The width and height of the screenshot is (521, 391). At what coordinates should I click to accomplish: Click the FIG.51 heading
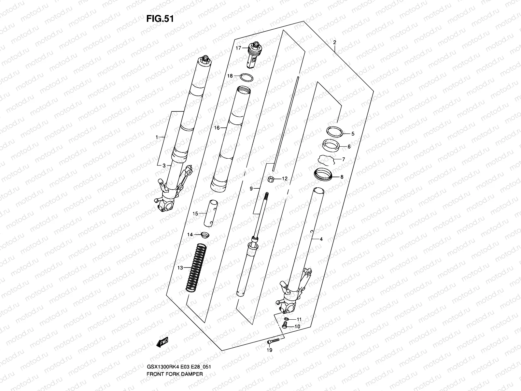point(160,19)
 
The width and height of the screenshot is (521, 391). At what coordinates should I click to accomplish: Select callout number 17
point(238,48)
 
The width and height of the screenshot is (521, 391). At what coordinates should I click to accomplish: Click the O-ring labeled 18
point(247,78)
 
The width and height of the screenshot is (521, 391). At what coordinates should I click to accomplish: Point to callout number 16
point(217,128)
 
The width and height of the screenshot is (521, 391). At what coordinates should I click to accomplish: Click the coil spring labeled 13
point(196,267)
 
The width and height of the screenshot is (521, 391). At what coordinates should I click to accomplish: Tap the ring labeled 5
point(335,131)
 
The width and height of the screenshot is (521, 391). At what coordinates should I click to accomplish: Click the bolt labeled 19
point(273,341)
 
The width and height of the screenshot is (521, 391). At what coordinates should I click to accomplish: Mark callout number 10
point(297,326)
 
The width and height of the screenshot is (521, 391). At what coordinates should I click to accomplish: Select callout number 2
point(334,43)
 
